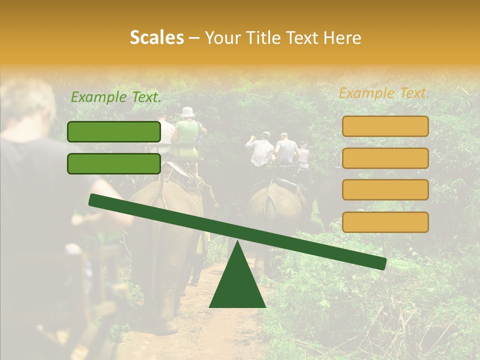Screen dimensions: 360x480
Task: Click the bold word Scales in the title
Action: click(x=156, y=37)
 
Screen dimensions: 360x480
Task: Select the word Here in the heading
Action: click(x=342, y=37)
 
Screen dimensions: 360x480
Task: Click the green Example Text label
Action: click(x=116, y=97)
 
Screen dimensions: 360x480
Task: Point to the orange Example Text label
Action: click(x=384, y=93)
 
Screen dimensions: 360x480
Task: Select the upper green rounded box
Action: click(x=114, y=131)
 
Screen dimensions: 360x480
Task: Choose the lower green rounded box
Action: click(x=114, y=163)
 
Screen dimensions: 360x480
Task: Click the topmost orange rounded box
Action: click(x=385, y=126)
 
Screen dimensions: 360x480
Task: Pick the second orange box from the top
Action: click(x=385, y=158)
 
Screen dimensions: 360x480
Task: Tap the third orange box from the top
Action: click(x=385, y=190)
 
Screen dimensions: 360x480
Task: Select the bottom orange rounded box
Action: click(x=385, y=222)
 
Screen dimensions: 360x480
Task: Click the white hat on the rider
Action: click(x=187, y=112)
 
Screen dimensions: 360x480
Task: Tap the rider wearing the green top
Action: click(x=187, y=132)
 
